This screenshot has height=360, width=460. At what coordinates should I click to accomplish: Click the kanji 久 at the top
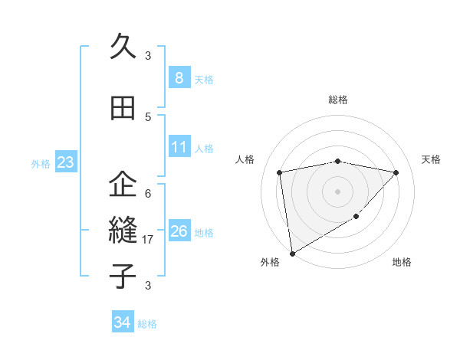[123, 47]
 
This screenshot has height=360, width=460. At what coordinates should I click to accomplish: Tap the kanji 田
[123, 109]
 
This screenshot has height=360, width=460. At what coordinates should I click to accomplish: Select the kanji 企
[123, 185]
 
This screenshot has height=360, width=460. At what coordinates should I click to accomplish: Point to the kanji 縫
[123, 230]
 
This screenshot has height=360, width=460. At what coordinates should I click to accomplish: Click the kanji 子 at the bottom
[123, 276]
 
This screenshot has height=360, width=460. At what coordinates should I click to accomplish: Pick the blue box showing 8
[179, 78]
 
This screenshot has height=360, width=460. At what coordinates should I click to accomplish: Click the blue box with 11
[179, 147]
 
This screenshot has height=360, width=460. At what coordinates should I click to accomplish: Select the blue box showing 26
[179, 231]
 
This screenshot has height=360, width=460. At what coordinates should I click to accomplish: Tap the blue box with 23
[64, 162]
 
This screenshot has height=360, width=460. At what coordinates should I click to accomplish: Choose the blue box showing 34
[122, 322]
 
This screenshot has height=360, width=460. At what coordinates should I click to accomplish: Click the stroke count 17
[148, 240]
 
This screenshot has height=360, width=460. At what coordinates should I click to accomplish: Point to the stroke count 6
[148, 194]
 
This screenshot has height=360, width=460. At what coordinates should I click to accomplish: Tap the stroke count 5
[148, 117]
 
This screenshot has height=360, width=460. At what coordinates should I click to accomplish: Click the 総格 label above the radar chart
[337, 100]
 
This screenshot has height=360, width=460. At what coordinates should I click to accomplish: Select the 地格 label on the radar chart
[402, 263]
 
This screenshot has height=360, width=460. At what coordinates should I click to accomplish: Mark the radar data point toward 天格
[396, 173]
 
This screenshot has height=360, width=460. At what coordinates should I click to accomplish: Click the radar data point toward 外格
[291, 253]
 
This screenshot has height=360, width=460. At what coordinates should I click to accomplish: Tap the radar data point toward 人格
[280, 172]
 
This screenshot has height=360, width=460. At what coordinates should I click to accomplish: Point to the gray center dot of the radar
[337, 191]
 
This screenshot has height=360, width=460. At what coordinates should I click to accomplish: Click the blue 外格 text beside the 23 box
[41, 163]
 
